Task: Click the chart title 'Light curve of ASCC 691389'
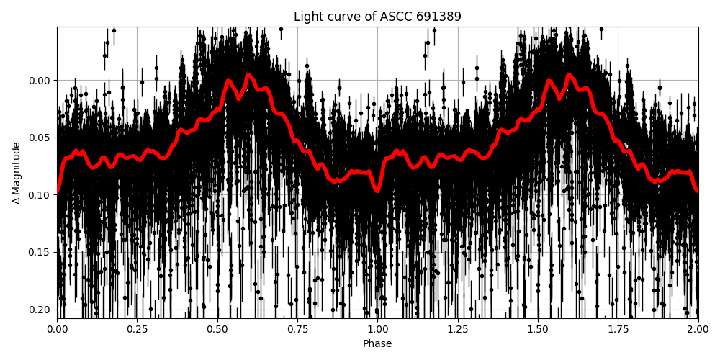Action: pyautogui.click(x=377, y=17)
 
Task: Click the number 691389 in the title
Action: pyautogui.click(x=438, y=17)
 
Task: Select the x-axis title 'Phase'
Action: pyautogui.click(x=377, y=344)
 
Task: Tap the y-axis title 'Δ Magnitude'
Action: pyautogui.click(x=17, y=173)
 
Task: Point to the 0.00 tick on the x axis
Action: pyautogui.click(x=58, y=329)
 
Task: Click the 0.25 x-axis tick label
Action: pyautogui.click(x=138, y=329)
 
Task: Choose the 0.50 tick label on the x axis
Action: pyautogui.click(x=217, y=329)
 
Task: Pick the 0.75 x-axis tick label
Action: pyautogui.click(x=297, y=329)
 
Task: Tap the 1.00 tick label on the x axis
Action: pyautogui.click(x=377, y=329)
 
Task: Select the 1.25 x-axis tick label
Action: pyautogui.click(x=458, y=329)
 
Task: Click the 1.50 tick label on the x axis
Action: pyautogui.click(x=538, y=329)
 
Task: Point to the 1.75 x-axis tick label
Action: pyautogui.click(x=618, y=329)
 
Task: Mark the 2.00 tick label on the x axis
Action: pyautogui.click(x=698, y=329)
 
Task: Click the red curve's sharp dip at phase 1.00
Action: pyautogui.click(x=377, y=190)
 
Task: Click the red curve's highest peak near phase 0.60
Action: pyautogui.click(x=248, y=75)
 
